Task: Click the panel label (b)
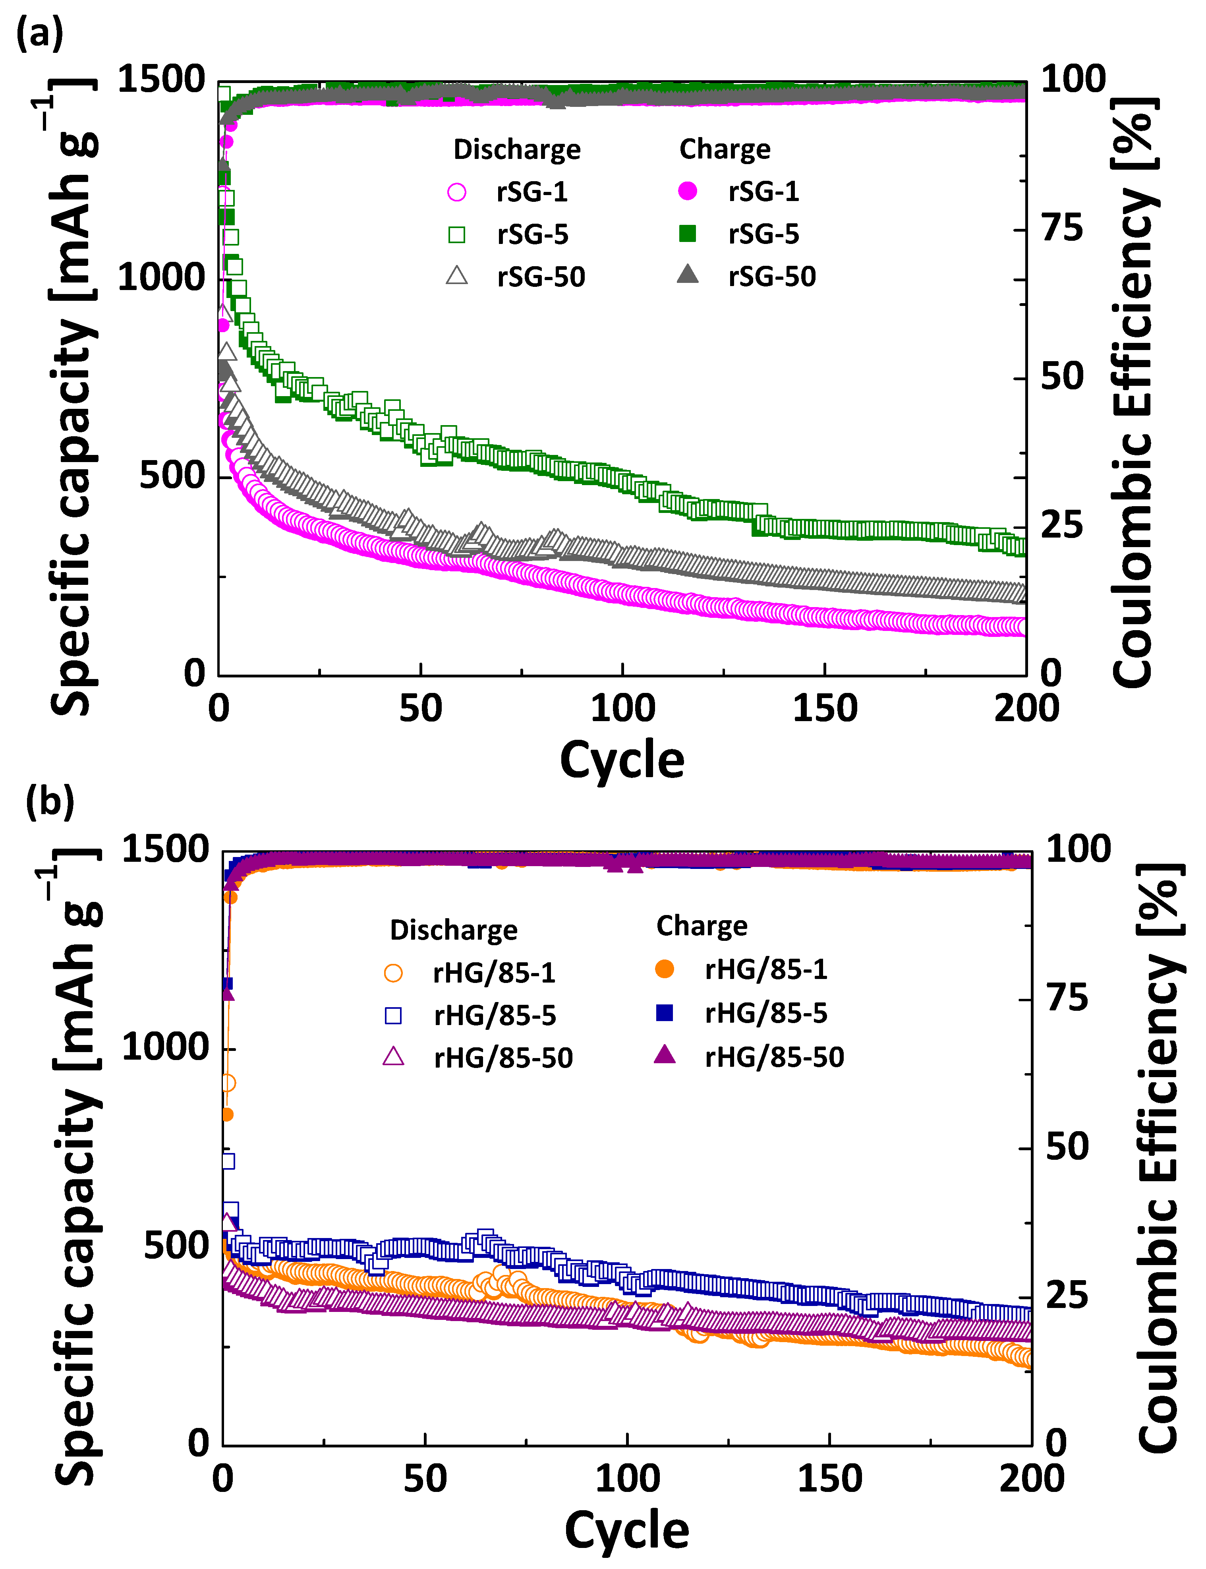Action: tap(50, 801)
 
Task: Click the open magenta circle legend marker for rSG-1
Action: tap(456, 192)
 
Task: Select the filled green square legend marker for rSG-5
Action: tap(688, 233)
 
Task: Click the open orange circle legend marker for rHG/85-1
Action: tap(393, 973)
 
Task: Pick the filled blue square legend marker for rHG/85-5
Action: tap(665, 1012)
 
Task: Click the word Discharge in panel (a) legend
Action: tap(517, 149)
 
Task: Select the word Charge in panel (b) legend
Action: tap(702, 926)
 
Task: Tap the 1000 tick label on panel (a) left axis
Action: tap(162, 277)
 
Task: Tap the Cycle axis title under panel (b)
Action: tap(627, 1530)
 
